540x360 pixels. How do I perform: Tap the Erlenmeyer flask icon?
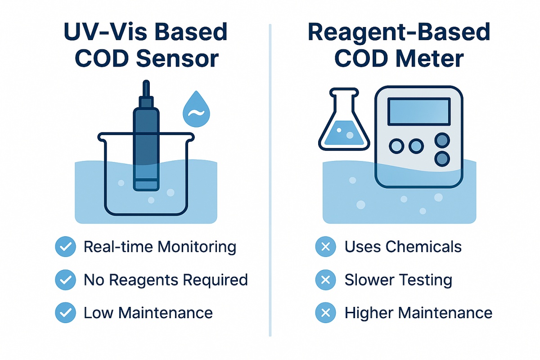343,124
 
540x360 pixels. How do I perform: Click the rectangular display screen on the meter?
418,112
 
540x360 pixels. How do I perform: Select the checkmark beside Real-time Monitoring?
65,247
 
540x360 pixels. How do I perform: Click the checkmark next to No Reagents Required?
65,280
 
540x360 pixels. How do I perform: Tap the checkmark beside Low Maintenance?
65,313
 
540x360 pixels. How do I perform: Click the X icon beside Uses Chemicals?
326,247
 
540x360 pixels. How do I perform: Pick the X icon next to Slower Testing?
326,280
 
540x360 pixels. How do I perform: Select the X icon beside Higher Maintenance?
326,313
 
